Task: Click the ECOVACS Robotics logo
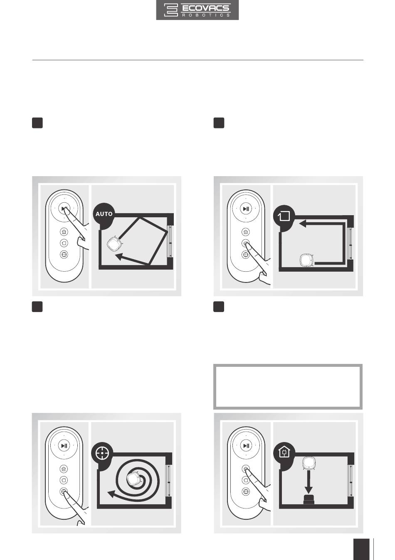click(x=197, y=10)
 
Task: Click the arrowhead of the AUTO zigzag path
click(x=120, y=257)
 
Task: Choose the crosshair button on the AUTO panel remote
click(x=64, y=255)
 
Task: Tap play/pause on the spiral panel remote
click(x=64, y=446)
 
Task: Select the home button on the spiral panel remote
click(x=64, y=469)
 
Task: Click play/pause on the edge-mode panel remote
click(x=246, y=209)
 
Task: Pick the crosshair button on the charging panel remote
click(x=246, y=491)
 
